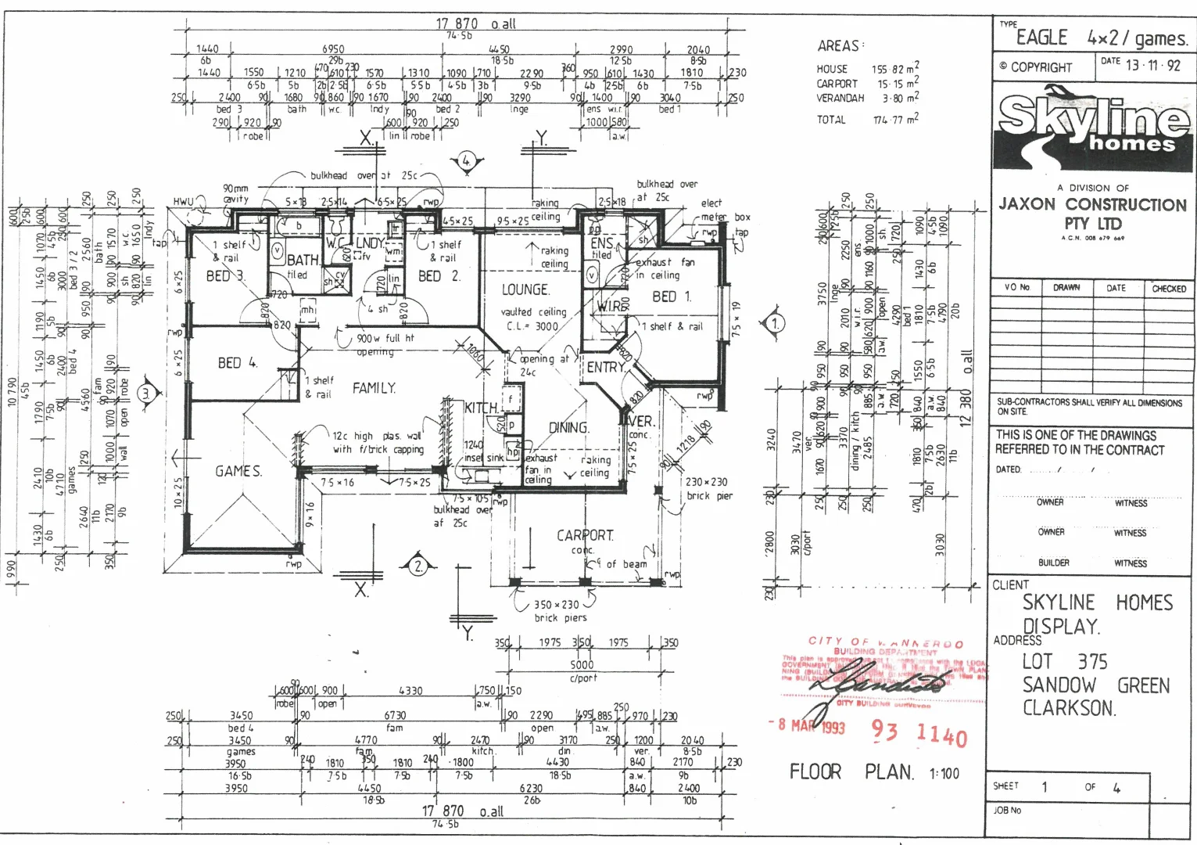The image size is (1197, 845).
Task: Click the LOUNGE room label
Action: click(x=525, y=289)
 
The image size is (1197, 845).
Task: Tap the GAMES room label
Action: click(x=238, y=471)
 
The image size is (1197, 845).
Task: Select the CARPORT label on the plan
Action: click(x=585, y=535)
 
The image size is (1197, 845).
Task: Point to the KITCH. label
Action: click(x=481, y=408)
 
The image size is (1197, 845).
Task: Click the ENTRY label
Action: click(x=606, y=367)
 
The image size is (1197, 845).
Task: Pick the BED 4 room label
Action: click(x=237, y=363)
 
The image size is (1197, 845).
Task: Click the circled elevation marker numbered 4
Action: click(x=466, y=161)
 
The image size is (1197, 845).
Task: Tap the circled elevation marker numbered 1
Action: click(x=775, y=322)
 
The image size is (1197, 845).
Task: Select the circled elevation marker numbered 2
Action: click(x=418, y=565)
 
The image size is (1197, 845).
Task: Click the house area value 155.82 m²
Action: click(x=895, y=69)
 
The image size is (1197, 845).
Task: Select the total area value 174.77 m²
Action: click(x=896, y=120)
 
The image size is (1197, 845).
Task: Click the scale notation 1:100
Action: click(x=944, y=774)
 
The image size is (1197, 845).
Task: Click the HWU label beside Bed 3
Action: click(x=183, y=202)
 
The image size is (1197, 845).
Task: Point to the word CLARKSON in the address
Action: click(x=1069, y=708)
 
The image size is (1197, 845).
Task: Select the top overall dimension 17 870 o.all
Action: click(x=475, y=24)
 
